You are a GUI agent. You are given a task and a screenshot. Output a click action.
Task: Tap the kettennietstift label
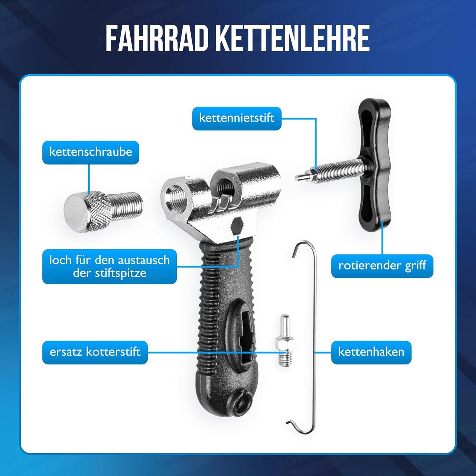tap(237, 118)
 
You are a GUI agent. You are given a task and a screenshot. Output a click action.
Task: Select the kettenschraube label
tap(91, 152)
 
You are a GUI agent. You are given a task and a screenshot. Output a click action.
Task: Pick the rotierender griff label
tap(382, 266)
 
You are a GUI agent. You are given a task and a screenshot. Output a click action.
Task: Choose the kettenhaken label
tap(371, 352)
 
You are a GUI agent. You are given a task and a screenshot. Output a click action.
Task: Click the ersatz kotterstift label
tap(95, 352)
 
